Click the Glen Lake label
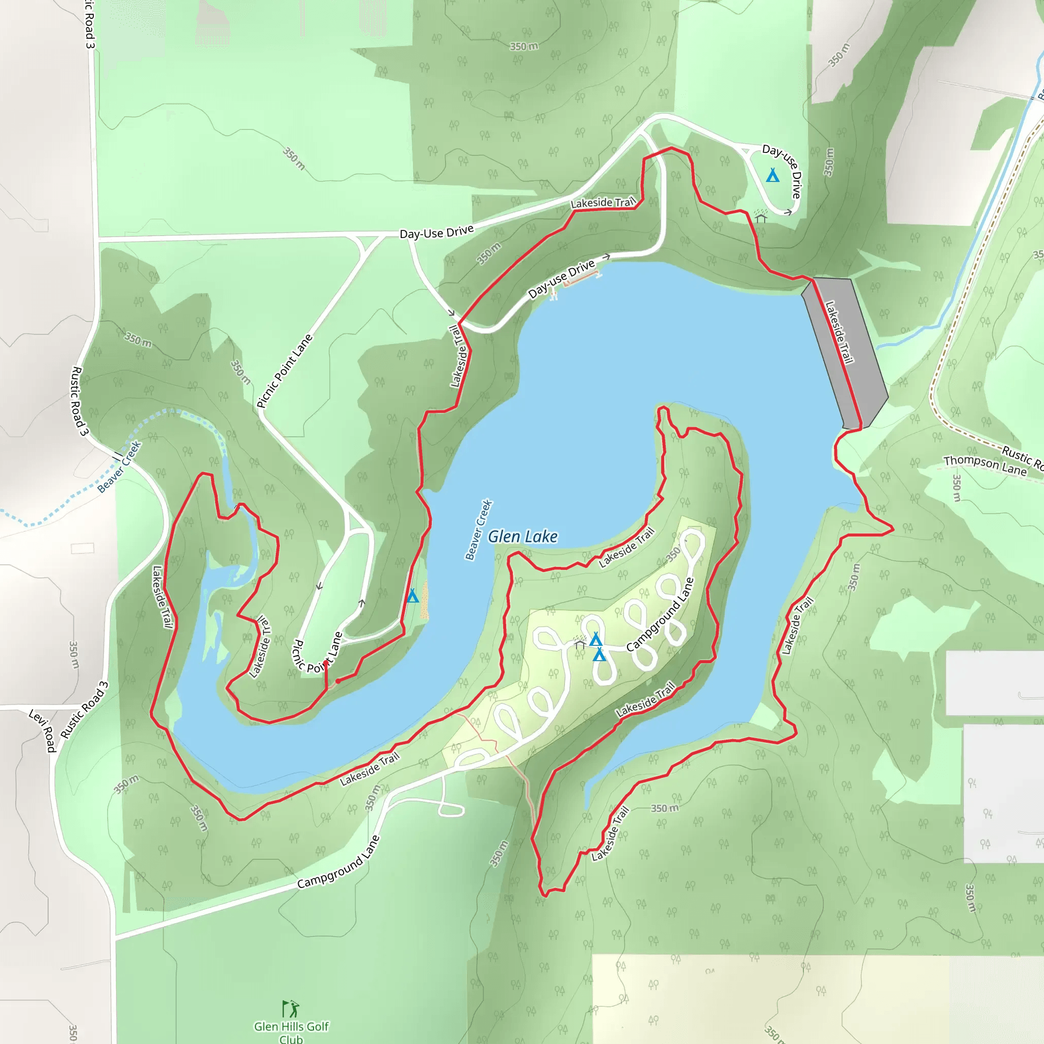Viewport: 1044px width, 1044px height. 523,537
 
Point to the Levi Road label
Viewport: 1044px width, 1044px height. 43,731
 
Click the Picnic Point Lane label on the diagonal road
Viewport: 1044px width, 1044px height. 284,371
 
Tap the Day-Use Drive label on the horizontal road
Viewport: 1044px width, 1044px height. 437,232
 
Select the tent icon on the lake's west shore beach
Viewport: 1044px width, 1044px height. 413,596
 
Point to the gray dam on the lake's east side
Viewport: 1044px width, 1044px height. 845,351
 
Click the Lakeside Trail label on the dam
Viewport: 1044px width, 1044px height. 839,332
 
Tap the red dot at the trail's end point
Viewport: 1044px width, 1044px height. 338,682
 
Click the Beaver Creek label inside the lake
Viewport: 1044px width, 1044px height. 479,529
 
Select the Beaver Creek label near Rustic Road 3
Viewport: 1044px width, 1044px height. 119,467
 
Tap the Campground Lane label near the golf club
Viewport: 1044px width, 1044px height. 339,863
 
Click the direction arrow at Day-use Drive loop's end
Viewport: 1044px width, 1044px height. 789,213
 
